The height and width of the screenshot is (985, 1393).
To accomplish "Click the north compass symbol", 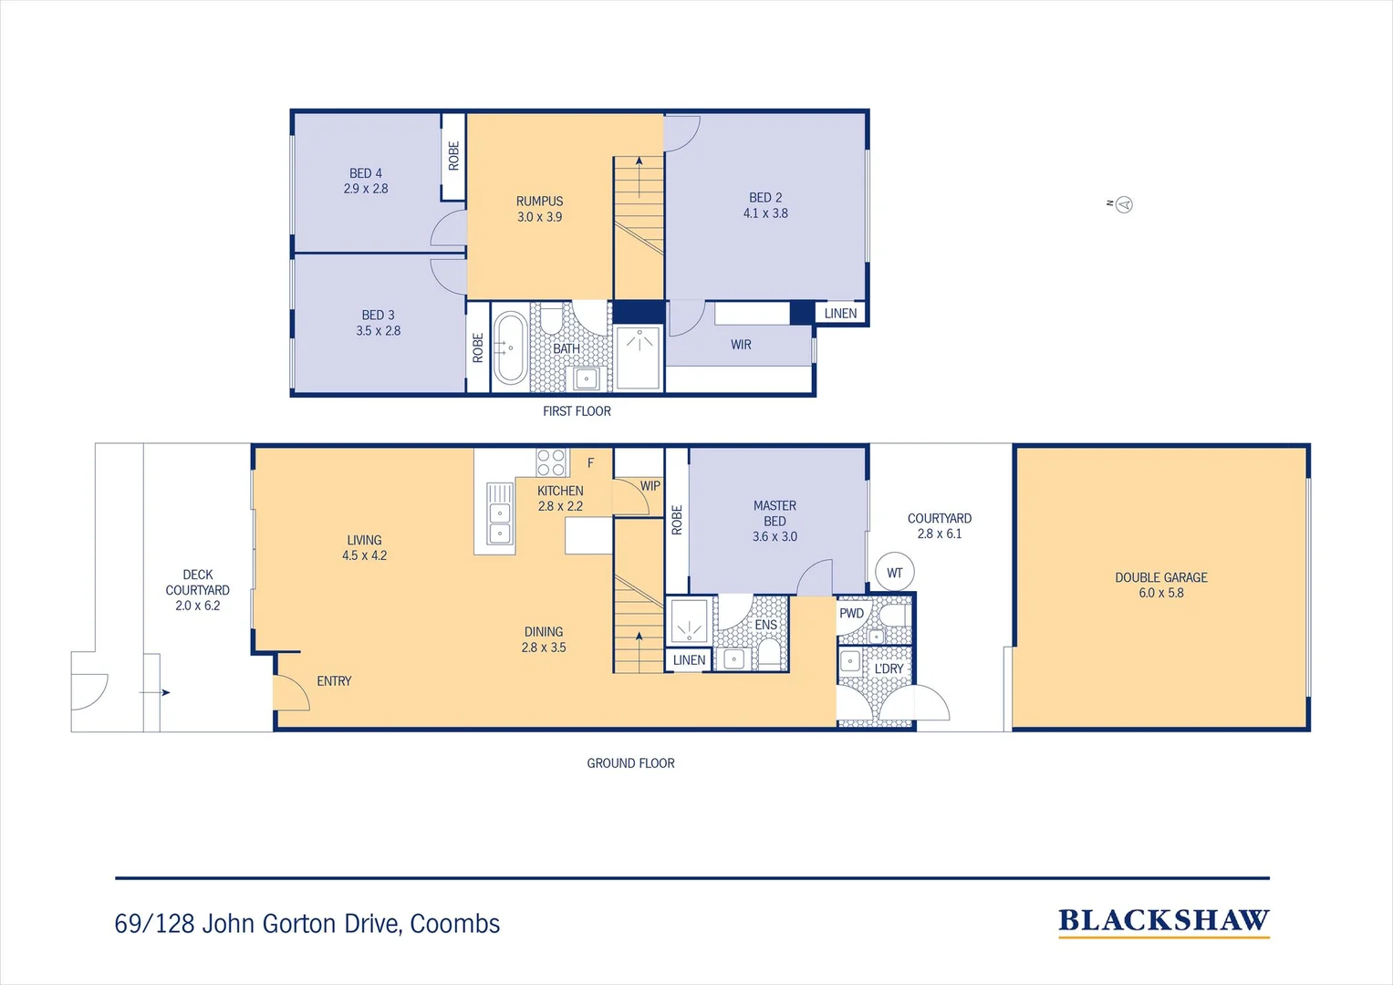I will [1124, 204].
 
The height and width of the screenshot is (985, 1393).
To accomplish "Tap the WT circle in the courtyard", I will [894, 573].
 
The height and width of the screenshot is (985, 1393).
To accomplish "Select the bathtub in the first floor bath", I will [510, 347].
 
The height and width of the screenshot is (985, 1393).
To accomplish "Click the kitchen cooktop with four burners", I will [551, 462].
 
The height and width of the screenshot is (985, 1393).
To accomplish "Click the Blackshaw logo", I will [1163, 921].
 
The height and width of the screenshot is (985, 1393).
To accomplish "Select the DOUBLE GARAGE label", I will [1160, 577].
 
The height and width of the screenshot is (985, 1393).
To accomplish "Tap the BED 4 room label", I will [366, 173].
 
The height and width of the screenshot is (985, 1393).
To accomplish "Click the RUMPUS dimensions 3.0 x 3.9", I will [539, 217].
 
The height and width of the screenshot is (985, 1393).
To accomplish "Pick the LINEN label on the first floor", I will [840, 314].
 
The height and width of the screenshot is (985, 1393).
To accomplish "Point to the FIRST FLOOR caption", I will [577, 411].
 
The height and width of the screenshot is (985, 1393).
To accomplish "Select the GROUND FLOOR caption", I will [630, 763].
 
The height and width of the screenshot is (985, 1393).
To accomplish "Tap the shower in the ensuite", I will [690, 620].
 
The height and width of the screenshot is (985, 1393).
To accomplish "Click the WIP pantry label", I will [650, 486].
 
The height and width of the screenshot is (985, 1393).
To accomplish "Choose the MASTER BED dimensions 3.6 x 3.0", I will [774, 537].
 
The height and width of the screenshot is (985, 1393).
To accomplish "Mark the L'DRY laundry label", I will [889, 669].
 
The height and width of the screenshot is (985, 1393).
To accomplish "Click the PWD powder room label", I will [851, 613].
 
